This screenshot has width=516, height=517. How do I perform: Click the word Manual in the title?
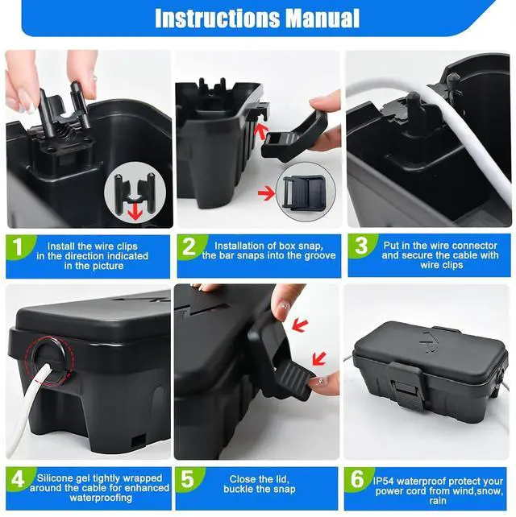pyautogui.click(x=322, y=19)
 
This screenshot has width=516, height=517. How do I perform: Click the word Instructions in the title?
pyautogui.click(x=217, y=19)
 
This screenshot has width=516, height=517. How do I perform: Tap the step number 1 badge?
pyautogui.click(x=18, y=247)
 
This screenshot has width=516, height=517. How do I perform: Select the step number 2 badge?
pyautogui.click(x=189, y=246)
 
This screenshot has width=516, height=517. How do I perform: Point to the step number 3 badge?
pyautogui.click(x=361, y=246)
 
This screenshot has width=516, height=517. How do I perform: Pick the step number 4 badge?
pyautogui.click(x=18, y=479)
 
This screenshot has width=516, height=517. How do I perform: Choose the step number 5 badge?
pyautogui.click(x=188, y=479)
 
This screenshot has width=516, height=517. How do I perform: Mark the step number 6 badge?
pyautogui.click(x=357, y=479)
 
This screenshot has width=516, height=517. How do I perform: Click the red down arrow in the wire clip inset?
pyautogui.click(x=135, y=210)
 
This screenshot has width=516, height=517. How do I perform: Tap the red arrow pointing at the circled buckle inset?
pyautogui.click(x=266, y=193)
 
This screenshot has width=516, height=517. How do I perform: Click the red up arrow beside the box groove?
pyautogui.click(x=260, y=132)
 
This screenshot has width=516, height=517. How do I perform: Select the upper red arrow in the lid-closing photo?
pyautogui.click(x=300, y=325)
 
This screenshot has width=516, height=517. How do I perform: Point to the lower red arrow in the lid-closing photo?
pyautogui.click(x=319, y=358)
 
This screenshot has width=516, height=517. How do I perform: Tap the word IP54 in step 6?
pyautogui.click(x=384, y=481)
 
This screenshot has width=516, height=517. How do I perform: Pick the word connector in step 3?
pyautogui.click(x=476, y=246)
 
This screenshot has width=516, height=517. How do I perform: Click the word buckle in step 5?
pyautogui.click(x=238, y=490)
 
